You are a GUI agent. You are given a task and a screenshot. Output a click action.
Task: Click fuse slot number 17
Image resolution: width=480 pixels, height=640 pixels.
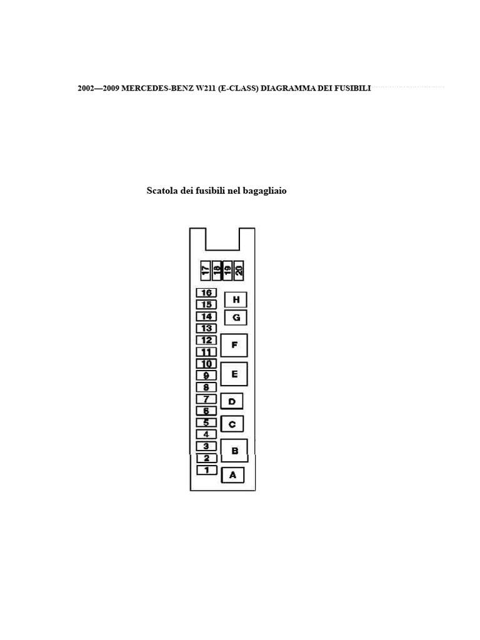[x=205, y=270]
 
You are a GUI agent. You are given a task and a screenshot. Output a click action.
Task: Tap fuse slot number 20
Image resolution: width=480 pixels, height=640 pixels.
[x=239, y=270]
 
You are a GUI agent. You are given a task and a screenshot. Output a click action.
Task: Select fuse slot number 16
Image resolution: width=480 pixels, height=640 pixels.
[x=206, y=292]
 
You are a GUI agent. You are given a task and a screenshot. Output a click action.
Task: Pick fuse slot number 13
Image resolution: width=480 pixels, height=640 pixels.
[x=206, y=328]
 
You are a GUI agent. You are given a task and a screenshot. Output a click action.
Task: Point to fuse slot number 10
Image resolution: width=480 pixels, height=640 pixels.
[x=206, y=364]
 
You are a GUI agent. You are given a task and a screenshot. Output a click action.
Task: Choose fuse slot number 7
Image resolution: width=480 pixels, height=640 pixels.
[x=206, y=399]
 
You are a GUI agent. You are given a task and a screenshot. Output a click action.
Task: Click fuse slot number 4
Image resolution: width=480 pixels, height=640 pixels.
[x=206, y=434]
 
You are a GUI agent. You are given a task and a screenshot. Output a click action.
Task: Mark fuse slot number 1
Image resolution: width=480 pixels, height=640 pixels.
[x=206, y=469]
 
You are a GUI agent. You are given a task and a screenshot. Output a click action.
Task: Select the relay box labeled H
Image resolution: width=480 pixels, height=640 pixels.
[x=236, y=300]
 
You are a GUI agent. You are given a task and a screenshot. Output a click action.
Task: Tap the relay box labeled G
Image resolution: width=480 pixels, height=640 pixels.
[x=236, y=317]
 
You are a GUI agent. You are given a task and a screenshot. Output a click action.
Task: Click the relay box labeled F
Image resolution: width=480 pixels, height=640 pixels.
[x=234, y=345]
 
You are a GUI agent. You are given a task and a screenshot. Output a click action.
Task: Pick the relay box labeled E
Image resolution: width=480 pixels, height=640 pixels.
[x=234, y=374]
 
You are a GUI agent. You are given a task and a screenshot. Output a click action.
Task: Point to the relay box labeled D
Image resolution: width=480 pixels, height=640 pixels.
[x=231, y=401]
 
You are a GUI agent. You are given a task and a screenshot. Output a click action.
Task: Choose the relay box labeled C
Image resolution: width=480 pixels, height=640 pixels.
[x=232, y=424]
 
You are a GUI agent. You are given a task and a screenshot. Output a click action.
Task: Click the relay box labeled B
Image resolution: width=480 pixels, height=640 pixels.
[x=234, y=450]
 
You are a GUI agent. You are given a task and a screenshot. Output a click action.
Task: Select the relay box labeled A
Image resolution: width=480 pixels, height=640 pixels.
[x=232, y=475]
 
